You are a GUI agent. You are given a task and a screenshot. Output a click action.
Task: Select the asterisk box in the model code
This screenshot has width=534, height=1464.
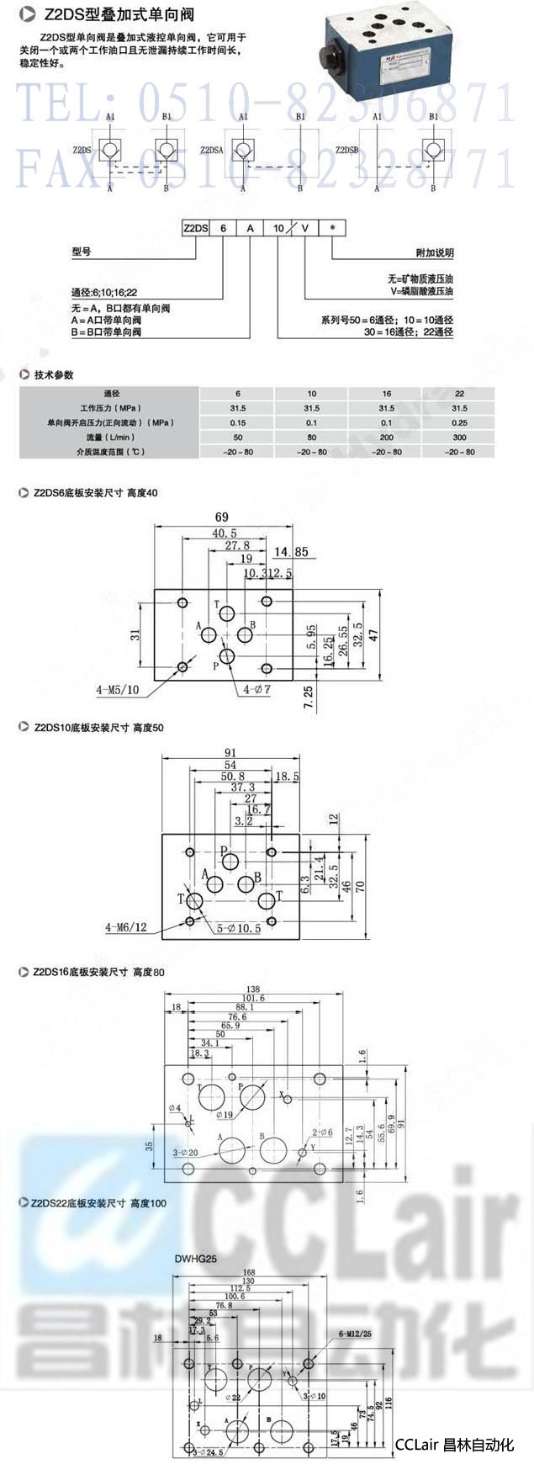pyautogui.click(x=332, y=228)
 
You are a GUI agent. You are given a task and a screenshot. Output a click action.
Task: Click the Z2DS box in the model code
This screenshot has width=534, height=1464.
pyautogui.click(x=196, y=228)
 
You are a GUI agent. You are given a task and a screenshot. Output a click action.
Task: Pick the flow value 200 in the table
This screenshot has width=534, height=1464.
pyautogui.click(x=386, y=438)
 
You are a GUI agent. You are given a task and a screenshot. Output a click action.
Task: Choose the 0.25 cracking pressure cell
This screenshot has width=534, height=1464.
pyautogui.click(x=459, y=422)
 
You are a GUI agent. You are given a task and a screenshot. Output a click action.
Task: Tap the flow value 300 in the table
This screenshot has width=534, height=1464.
pyautogui.click(x=459, y=438)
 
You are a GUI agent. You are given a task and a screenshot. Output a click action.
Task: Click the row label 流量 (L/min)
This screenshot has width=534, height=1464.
pyautogui.click(x=111, y=438)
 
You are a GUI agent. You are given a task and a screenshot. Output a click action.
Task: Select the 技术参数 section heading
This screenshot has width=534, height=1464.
pyautogui.click(x=54, y=375)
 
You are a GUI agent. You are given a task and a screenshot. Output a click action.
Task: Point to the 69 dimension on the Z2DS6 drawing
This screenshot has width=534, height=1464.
pyautogui.click(x=221, y=517)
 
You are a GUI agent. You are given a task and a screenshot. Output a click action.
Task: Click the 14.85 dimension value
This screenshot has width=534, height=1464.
pyautogui.click(x=291, y=553)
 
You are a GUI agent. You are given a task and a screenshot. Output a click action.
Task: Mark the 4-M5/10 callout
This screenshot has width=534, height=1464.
pyautogui.click(x=118, y=690)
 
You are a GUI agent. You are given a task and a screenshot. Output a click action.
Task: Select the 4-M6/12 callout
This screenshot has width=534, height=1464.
pyautogui.click(x=126, y=927)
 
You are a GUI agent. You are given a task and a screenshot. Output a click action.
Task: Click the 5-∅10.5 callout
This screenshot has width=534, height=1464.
pyautogui.click(x=239, y=928)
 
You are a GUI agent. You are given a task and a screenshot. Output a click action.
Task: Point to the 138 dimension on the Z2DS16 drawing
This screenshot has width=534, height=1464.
pyautogui.click(x=252, y=989)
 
